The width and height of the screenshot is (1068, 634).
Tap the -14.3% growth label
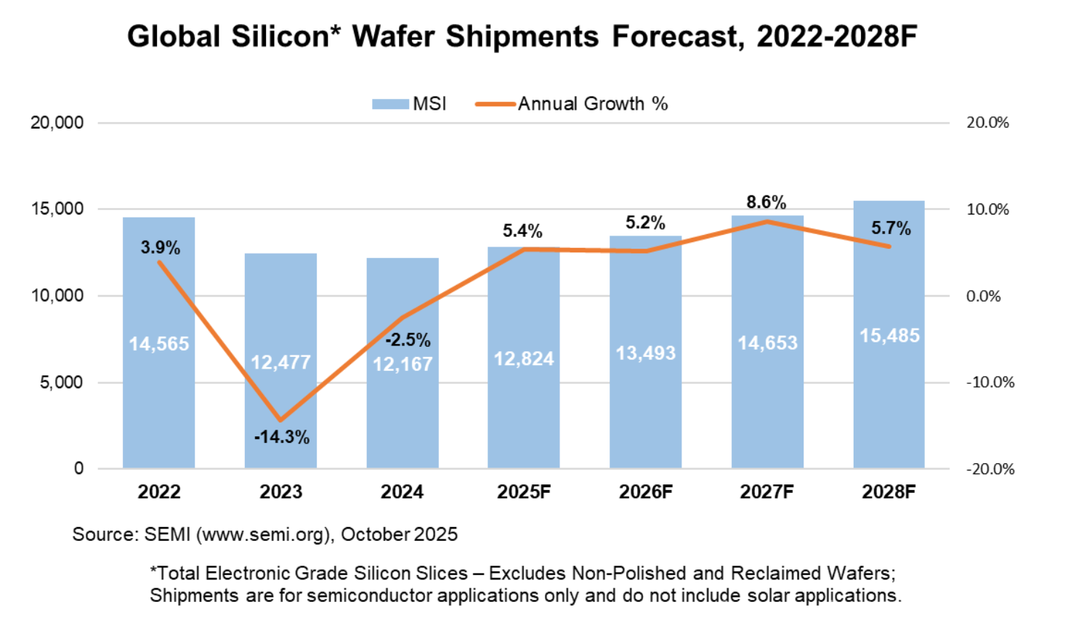point(282,437)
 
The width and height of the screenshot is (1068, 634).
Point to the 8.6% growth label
point(766,202)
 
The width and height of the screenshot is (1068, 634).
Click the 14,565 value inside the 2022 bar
point(159,343)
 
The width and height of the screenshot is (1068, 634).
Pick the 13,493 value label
point(646,353)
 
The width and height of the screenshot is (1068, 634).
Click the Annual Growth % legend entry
point(572,104)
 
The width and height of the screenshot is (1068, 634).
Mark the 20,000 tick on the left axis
point(57,123)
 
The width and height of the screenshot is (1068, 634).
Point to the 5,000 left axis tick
point(61,382)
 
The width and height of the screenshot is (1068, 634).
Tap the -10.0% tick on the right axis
point(990,382)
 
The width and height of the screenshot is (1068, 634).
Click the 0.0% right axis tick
point(983,296)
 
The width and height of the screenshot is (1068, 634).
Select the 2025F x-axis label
point(524,492)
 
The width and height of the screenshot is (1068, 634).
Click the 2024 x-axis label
point(402,492)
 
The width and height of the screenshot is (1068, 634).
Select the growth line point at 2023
point(280,420)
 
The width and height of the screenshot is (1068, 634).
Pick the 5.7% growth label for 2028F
point(891,228)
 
